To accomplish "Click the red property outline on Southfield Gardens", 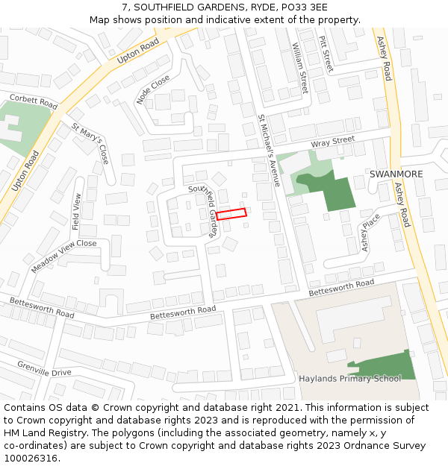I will coord(231,214).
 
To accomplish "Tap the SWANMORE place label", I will coord(396,174).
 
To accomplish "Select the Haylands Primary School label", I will coord(349,378).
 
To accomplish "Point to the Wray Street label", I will coord(332,141).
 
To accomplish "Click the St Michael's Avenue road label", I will coord(268,150).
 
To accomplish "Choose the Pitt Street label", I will coord(326,54).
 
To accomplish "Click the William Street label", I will coord(299,68).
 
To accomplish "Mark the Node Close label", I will coord(153,89).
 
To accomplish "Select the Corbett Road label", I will coord(33,101).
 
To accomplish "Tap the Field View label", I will coord(76,211).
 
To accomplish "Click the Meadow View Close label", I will coord(64,255).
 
